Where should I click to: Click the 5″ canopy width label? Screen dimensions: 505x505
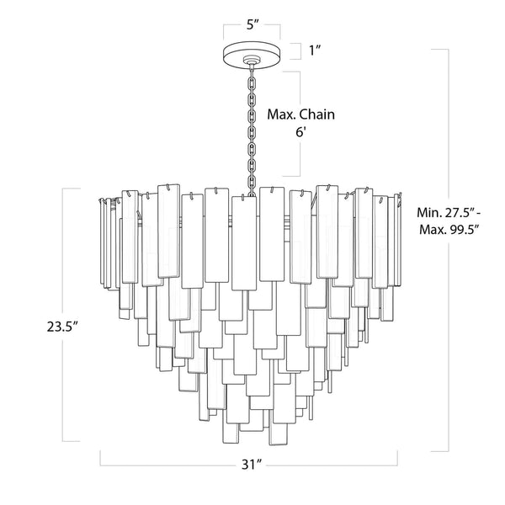tap(252, 24)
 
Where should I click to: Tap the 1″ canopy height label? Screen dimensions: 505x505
tap(316, 51)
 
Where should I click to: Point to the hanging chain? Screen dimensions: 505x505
tap(250, 126)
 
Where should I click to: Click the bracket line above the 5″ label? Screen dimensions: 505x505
tap(252, 35)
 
